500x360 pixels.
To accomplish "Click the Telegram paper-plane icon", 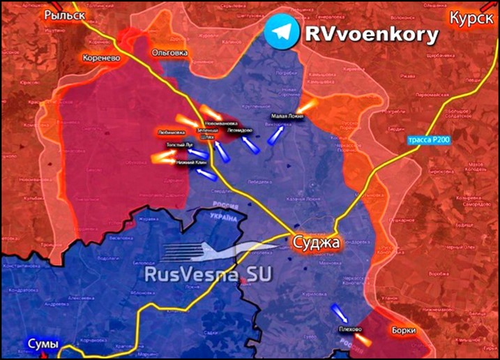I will pos(280,32).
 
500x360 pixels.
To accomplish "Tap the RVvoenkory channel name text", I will pos(371,33).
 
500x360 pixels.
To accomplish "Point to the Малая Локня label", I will pos(288,116).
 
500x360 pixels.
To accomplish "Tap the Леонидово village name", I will pos(240,130).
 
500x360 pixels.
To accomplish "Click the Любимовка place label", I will pos(172,131).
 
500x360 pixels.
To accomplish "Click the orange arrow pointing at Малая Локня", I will pos(310,105).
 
